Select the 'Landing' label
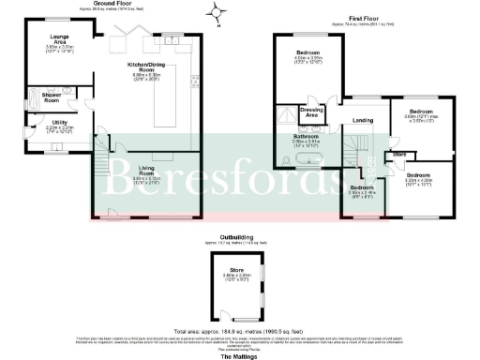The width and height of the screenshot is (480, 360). pyautogui.click(x=363, y=120)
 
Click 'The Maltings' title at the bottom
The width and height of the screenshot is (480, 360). pyautogui.click(x=238, y=355)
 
